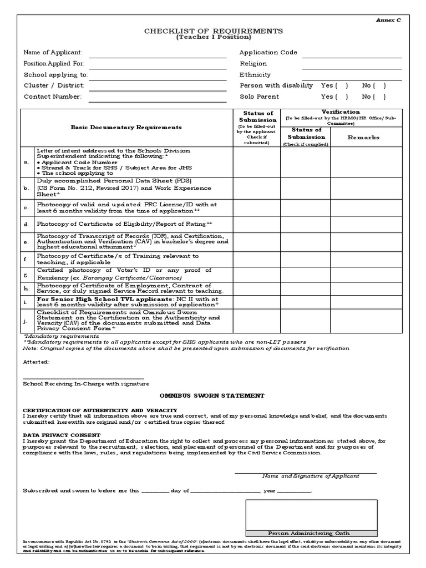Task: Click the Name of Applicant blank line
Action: [158, 57]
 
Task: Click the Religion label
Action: [253, 64]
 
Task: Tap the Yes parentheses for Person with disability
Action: [342, 86]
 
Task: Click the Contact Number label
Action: [52, 97]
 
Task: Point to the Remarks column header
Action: [363, 137]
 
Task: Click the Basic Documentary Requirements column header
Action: [126, 128]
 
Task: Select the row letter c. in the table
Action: [26, 208]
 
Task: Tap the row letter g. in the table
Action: [26, 274]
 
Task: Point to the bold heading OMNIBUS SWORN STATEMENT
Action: [212, 395]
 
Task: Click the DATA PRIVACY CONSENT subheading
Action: [62, 435]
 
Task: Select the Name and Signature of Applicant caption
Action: [311, 476]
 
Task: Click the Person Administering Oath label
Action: [309, 533]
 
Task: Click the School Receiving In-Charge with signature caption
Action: [85, 383]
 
